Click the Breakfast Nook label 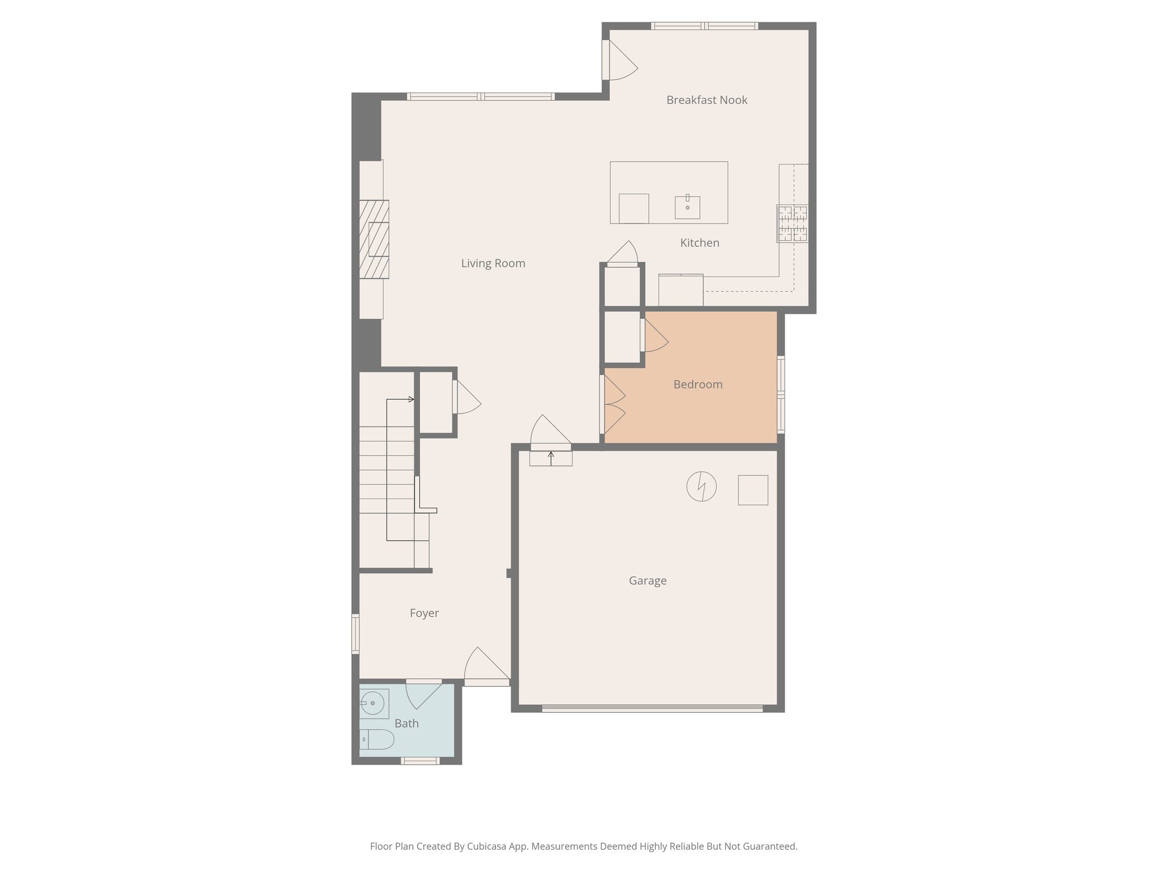pos(707,100)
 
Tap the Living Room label pos(493,263)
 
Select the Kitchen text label pos(699,243)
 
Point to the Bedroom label pos(697,384)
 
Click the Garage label pos(647,581)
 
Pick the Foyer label pos(424,613)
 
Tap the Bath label pos(406,724)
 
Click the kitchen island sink pos(687,207)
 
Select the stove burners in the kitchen pos(792,224)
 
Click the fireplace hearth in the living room pos(374,240)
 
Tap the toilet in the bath pos(377,739)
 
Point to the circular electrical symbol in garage pos(701,486)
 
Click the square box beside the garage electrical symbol pos(753,490)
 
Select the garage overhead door pos(652,708)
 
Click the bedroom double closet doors pos(614,404)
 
